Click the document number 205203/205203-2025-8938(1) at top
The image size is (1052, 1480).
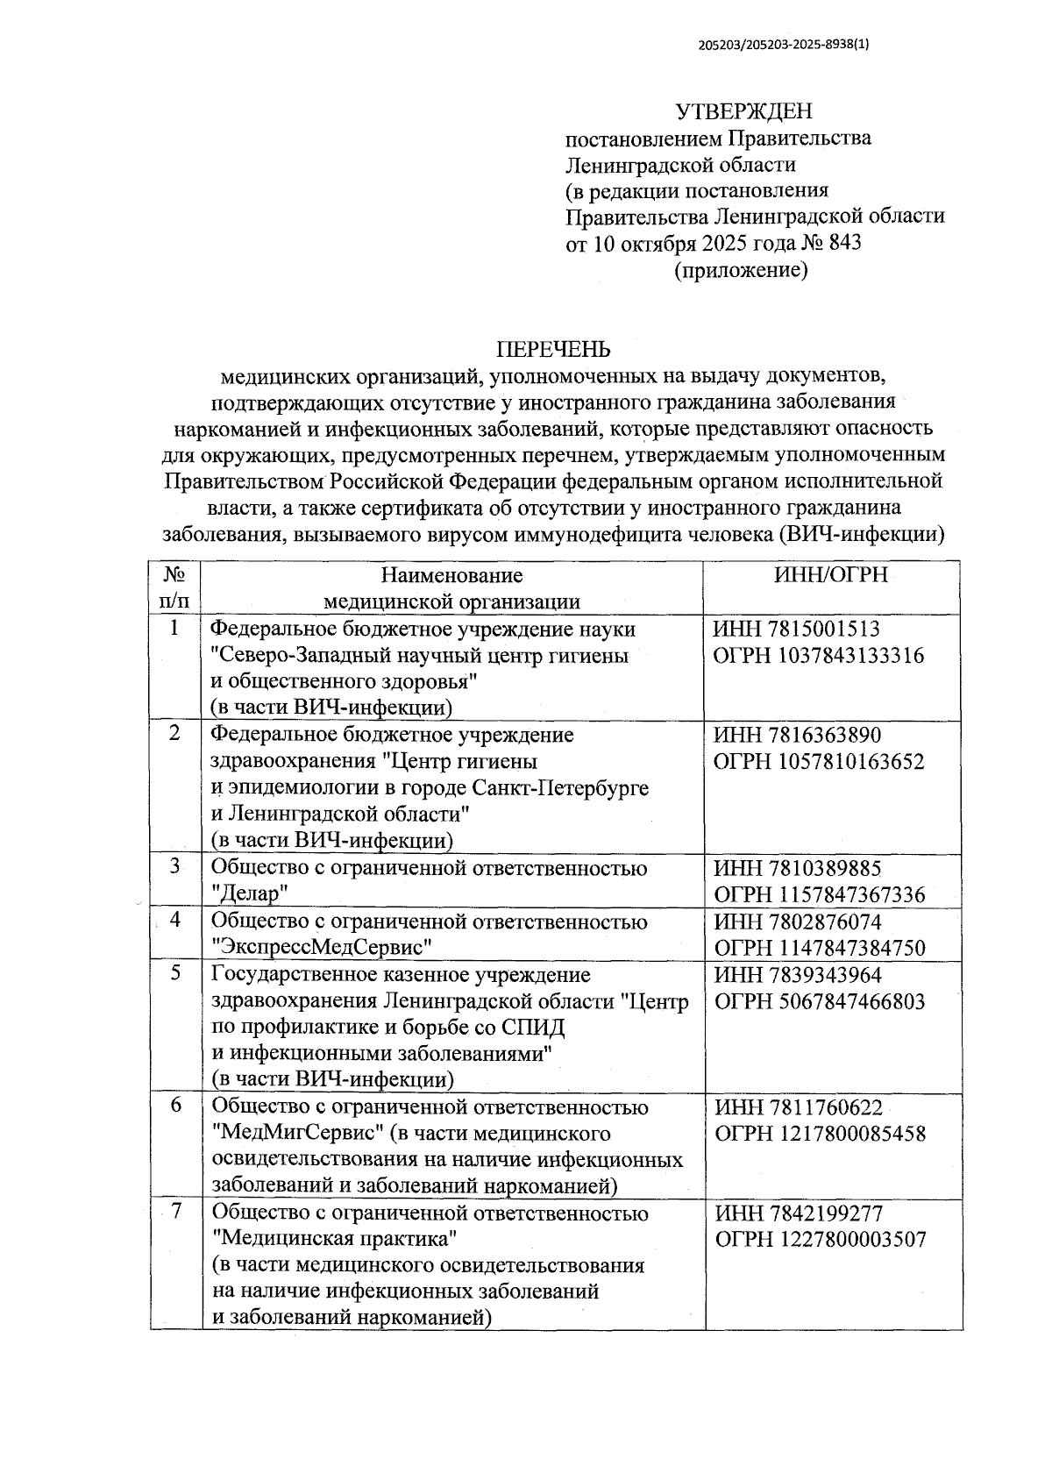coord(786,49)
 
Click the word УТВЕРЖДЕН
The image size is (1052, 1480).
coord(743,111)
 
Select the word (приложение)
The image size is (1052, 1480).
coord(741,270)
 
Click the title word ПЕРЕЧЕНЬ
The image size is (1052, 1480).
coord(553,350)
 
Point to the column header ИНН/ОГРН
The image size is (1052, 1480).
coord(831,575)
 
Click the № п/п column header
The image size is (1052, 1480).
coord(174,587)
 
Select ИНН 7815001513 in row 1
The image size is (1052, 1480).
coord(796,630)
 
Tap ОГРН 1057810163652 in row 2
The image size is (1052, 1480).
coord(819,762)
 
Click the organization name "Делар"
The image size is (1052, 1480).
coord(251,894)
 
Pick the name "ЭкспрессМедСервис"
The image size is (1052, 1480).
coord(323,948)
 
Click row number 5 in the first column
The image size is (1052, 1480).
coord(175,974)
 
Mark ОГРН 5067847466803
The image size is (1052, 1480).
coord(820,1001)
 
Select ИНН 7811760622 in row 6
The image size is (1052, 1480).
coord(798,1107)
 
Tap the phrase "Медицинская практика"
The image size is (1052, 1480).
coord(337,1240)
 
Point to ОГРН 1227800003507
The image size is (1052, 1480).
coord(821,1240)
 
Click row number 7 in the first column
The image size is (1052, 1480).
coord(175,1213)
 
